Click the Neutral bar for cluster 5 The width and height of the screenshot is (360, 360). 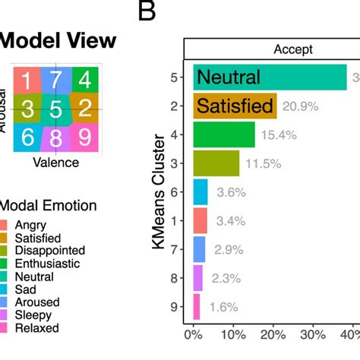click(x=270, y=77)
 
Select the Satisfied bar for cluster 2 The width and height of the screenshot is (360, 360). click(x=235, y=106)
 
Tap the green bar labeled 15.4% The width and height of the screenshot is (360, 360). click(x=224, y=134)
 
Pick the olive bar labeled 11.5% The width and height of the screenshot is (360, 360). click(x=216, y=163)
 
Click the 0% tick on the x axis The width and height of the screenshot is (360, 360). click(x=194, y=334)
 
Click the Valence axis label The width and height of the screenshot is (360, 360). click(x=55, y=162)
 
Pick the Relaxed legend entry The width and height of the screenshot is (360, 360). click(x=42, y=327)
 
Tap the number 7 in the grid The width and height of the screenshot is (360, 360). click(x=55, y=80)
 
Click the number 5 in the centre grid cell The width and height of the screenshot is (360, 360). click(x=55, y=109)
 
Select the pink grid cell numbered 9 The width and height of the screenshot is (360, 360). click(x=85, y=137)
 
